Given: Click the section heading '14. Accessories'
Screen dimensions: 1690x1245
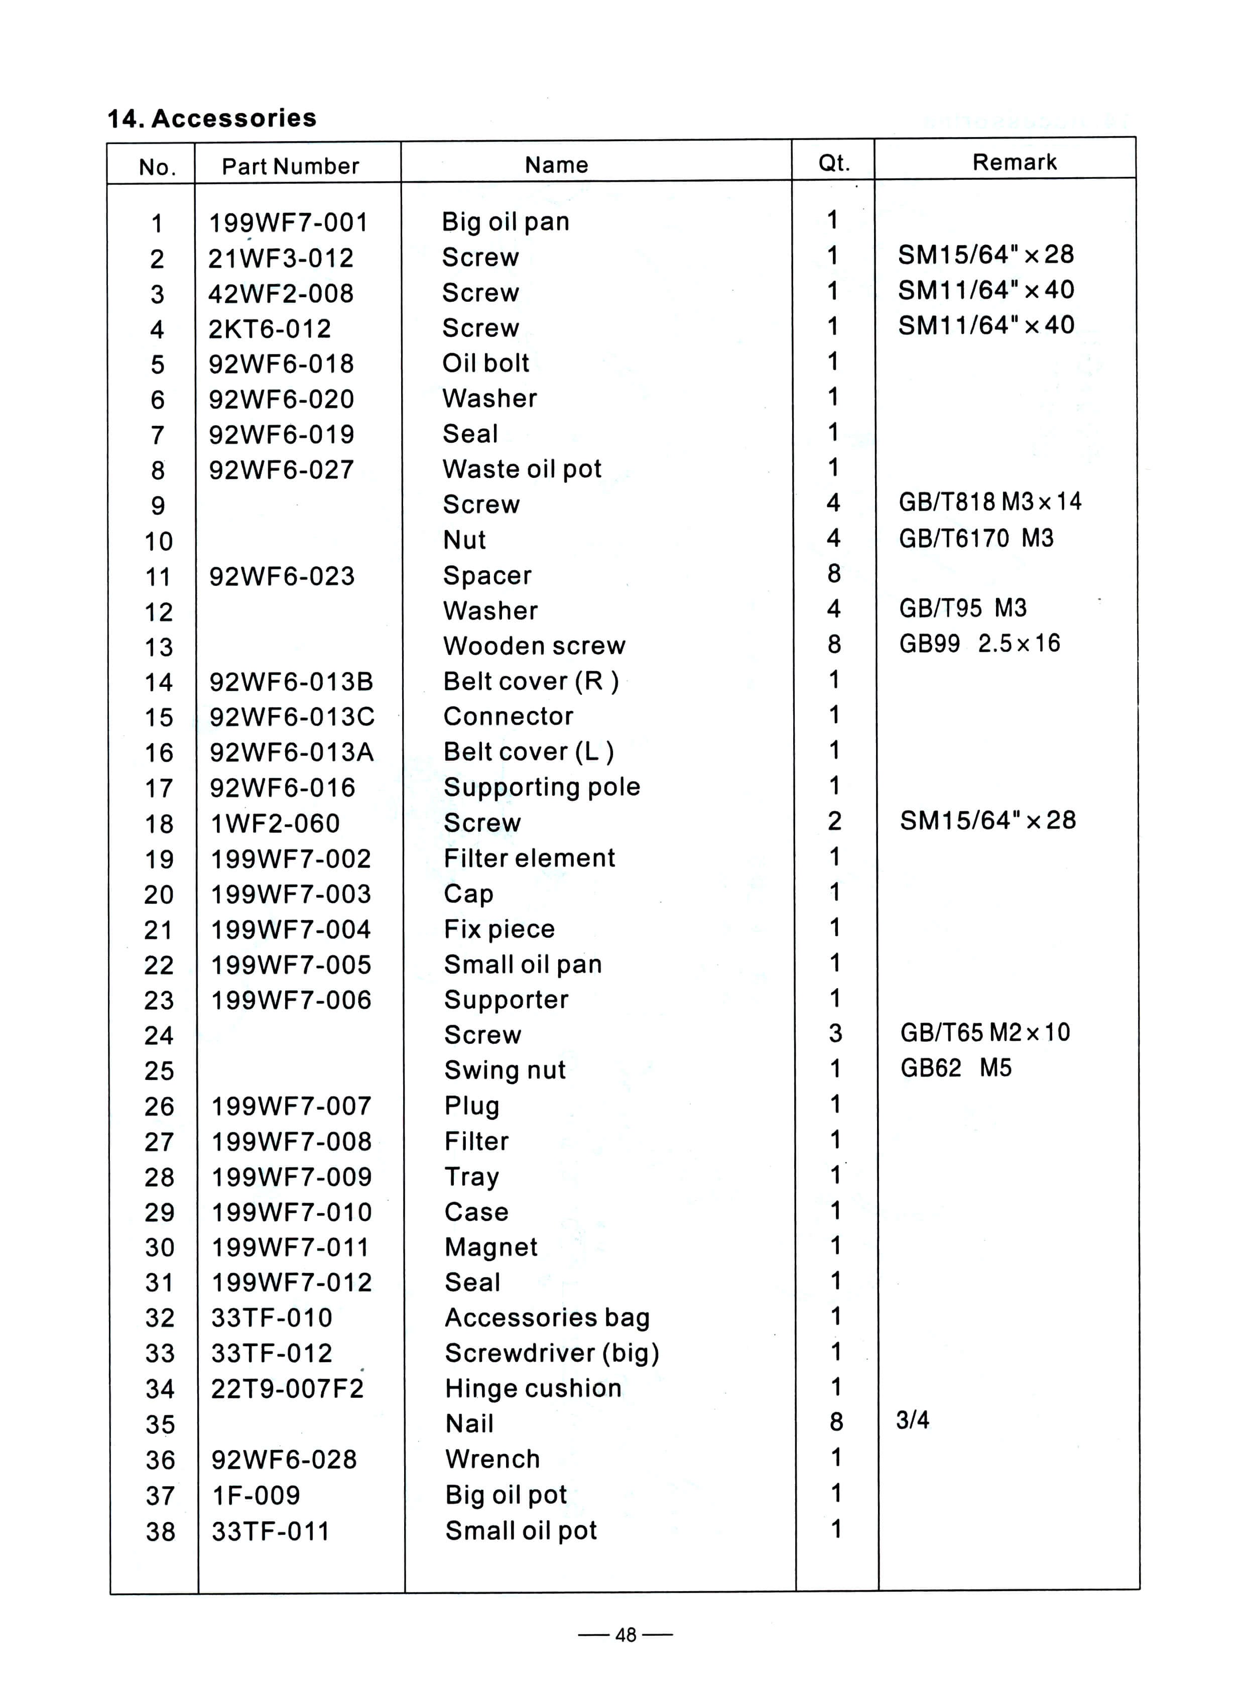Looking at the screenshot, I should pyautogui.click(x=212, y=118).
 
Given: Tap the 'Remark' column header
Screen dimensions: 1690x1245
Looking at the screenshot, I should pyautogui.click(x=1015, y=162).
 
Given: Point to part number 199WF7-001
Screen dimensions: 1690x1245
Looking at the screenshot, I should pyautogui.click(x=289, y=223).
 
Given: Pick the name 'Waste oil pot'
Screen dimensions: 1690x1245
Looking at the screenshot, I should pyautogui.click(x=522, y=469).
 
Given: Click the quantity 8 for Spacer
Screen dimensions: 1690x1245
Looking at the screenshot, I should pyautogui.click(x=833, y=574).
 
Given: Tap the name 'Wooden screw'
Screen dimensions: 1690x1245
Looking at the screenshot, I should pyautogui.click(x=534, y=646).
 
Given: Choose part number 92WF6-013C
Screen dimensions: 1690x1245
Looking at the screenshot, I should pyautogui.click(x=292, y=717).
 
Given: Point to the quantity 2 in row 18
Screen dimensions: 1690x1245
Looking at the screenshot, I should pyautogui.click(x=834, y=821).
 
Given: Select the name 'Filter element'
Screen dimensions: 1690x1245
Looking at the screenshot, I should pyautogui.click(x=529, y=858).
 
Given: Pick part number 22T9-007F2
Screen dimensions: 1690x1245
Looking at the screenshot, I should pyautogui.click(x=287, y=1388).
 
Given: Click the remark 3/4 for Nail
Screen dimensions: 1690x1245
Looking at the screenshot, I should pyautogui.click(x=913, y=1421).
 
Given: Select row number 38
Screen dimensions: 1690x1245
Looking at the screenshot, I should pyautogui.click(x=160, y=1532).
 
